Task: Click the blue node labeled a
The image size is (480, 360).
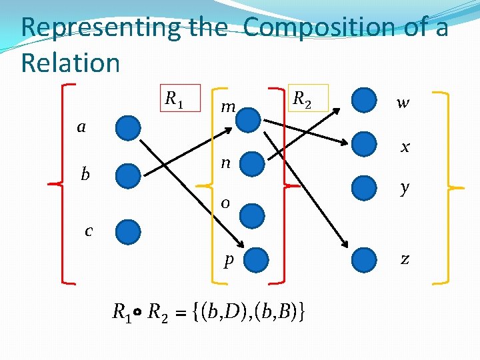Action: pos(128,127)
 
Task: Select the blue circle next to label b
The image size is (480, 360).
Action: pos(128,176)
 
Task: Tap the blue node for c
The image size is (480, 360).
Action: pos(128,232)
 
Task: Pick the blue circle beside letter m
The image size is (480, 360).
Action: pos(249,119)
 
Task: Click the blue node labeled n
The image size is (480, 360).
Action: pos(252,164)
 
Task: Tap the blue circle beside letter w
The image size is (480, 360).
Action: pos(364,101)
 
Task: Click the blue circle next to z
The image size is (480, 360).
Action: pos(364,259)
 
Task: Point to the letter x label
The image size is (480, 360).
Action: pos(405,147)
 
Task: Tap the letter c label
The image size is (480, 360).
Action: pos(89,231)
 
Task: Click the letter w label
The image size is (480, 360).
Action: pos(403,103)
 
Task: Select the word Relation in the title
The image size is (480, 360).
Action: pos(71,63)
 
